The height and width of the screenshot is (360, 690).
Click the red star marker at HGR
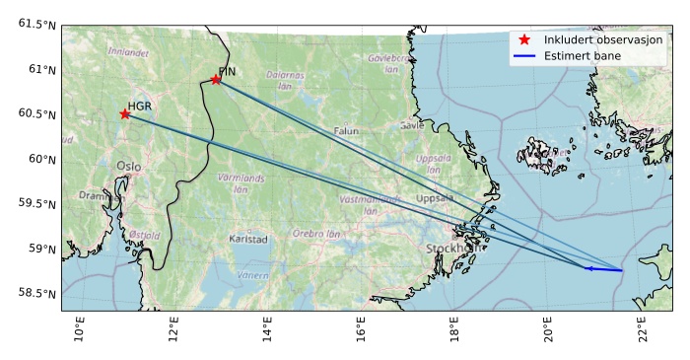tap(125, 113)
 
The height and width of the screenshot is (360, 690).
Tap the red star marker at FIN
tap(216, 79)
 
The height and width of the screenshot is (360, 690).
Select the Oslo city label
tap(128, 167)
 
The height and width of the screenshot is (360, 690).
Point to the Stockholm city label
tap(455, 249)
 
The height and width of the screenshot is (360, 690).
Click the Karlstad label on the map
tap(247, 239)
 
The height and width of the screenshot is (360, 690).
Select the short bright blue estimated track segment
tap(603, 268)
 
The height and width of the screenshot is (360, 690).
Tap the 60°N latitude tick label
tap(39, 159)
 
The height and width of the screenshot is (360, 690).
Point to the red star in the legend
tap(524, 39)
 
